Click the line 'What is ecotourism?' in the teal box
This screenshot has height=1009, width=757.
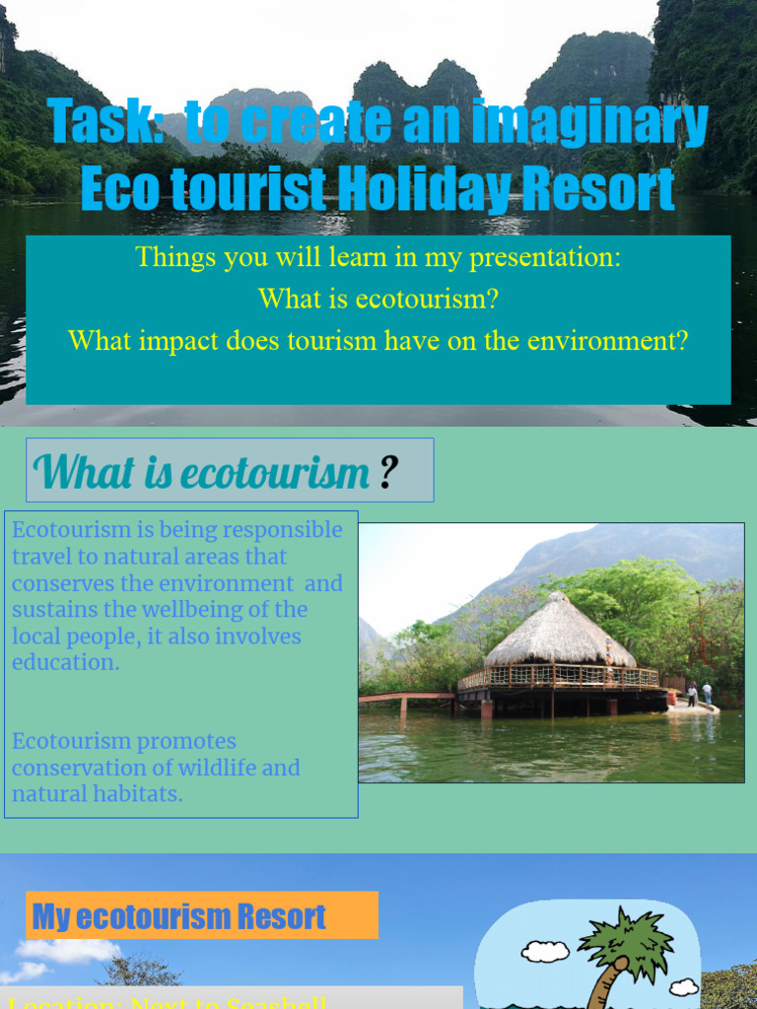(x=378, y=299)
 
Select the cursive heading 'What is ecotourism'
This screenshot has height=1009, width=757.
(x=202, y=472)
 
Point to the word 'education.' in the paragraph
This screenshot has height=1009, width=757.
(x=65, y=662)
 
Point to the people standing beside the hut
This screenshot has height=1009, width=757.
(x=699, y=693)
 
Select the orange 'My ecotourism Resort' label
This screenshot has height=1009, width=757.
(x=202, y=916)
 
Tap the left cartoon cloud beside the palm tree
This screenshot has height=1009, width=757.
(x=545, y=951)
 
